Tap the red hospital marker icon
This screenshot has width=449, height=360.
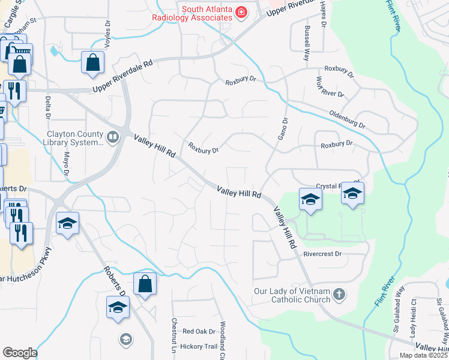[x=241, y=13]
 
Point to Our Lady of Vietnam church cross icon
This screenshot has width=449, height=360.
[x=339, y=295]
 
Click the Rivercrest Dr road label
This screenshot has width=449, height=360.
[x=322, y=254]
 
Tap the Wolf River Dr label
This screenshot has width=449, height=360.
[x=330, y=87]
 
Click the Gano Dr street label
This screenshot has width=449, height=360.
[x=283, y=128]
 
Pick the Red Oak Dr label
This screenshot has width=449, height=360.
[x=199, y=331]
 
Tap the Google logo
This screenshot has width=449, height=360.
[x=19, y=353]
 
